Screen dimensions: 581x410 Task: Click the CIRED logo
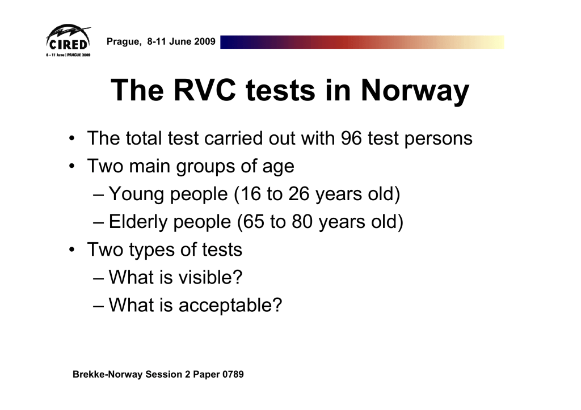click(68, 41)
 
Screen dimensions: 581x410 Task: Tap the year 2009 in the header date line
click(204, 41)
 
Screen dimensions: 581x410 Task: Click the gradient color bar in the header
click(362, 42)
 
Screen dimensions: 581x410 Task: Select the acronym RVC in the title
click(204, 90)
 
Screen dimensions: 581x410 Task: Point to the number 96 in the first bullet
click(351, 138)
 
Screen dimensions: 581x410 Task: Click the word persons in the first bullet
click(439, 140)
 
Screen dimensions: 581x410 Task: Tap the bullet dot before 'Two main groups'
click(72, 166)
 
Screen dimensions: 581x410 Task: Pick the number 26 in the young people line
click(298, 194)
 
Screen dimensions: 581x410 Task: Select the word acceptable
click(230, 306)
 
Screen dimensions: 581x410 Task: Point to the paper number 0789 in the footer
click(233, 374)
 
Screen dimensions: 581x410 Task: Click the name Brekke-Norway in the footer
click(107, 374)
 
